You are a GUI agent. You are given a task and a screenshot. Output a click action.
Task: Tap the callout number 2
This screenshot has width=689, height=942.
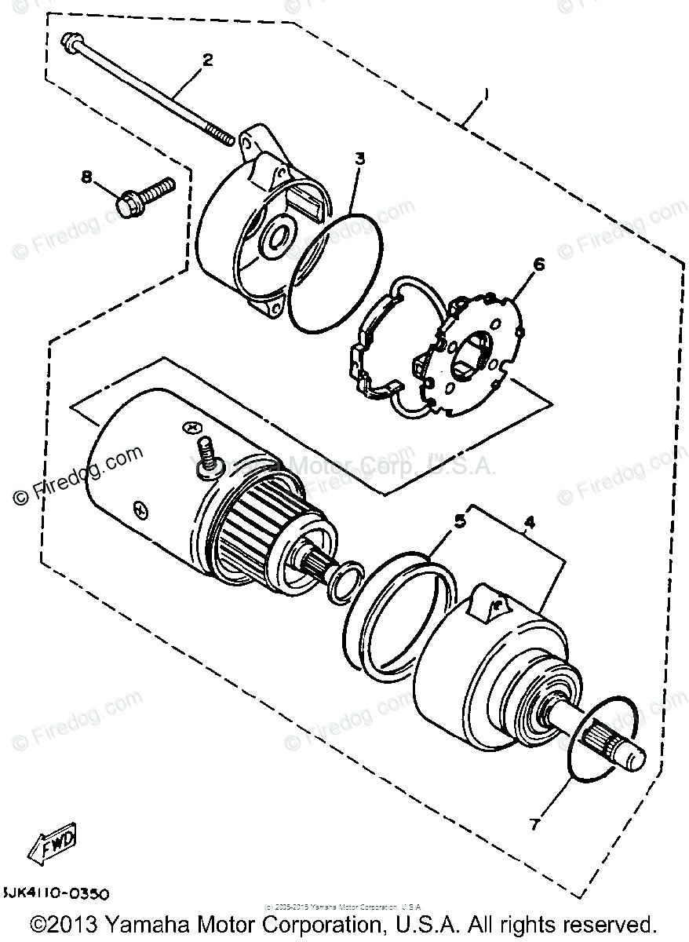[206, 60]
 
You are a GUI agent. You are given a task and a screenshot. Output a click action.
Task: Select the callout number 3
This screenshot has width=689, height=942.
[359, 159]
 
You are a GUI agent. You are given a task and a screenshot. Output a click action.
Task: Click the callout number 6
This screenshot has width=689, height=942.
[538, 265]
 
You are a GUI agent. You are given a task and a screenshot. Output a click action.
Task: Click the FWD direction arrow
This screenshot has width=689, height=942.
[53, 845]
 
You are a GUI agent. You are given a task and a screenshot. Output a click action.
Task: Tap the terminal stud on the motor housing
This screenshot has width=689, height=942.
[207, 456]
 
